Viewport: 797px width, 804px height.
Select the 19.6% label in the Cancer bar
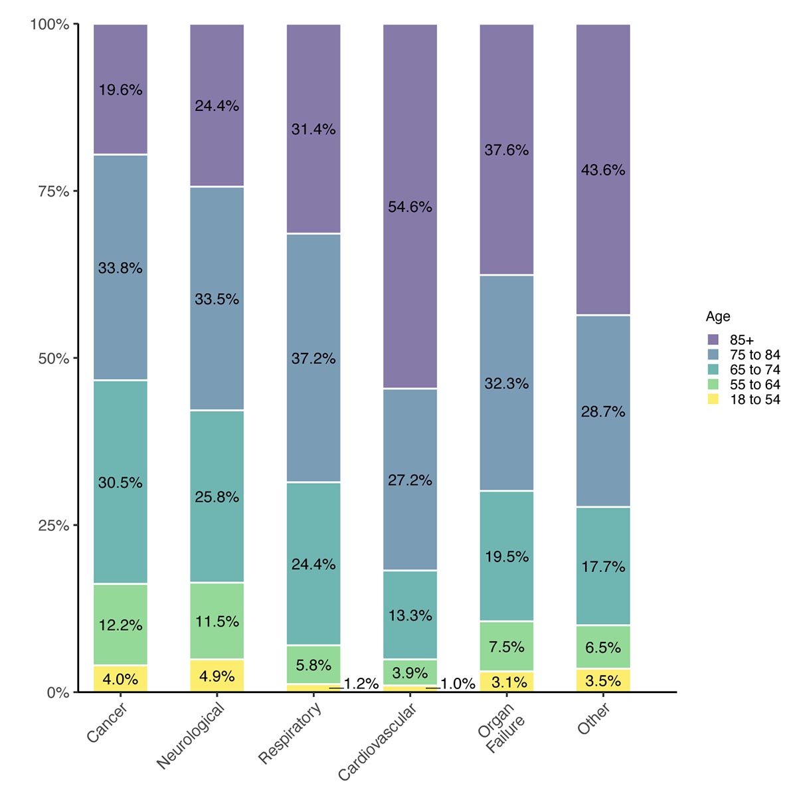(x=120, y=90)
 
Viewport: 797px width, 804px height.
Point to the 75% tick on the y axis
(x=54, y=191)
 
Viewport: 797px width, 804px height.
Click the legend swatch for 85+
(x=713, y=340)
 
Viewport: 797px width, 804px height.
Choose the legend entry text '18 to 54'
(x=754, y=399)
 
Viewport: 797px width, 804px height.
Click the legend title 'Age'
(x=718, y=317)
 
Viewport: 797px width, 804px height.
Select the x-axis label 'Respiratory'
(x=290, y=733)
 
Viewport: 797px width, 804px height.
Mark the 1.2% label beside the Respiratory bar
(x=361, y=684)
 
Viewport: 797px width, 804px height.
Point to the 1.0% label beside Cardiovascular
(x=458, y=684)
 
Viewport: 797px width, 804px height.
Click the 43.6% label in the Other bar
(x=603, y=170)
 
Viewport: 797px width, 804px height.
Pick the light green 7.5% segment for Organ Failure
(x=507, y=646)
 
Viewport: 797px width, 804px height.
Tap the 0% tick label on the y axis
(x=58, y=692)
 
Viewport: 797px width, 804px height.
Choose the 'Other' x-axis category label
(x=594, y=719)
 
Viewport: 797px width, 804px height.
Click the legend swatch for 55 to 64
(x=713, y=385)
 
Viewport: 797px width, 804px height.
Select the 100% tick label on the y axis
(x=50, y=25)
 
